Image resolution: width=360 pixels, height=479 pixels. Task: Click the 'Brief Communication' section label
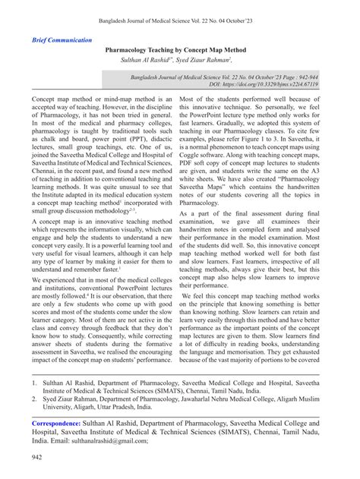coord(62,39)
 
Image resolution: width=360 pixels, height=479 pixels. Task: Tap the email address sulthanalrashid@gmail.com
coord(99,440)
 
